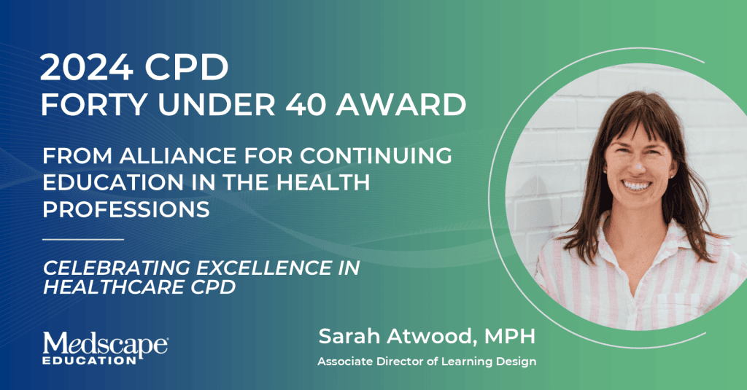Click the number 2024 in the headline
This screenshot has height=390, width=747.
coord(87,68)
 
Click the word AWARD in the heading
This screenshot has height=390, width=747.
coord(400,105)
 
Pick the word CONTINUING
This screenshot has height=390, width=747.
coord(376,156)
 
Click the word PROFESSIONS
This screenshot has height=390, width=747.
coord(126,209)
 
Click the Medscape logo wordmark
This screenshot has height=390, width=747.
coord(105,344)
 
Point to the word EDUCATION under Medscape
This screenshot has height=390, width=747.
coord(90,360)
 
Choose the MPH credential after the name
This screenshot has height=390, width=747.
coord(510,336)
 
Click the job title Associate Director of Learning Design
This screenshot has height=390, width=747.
coord(427,362)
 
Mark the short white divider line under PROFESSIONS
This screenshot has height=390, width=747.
coord(83,239)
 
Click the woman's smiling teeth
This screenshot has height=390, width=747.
coord(637,185)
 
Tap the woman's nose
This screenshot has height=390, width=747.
coord(635,164)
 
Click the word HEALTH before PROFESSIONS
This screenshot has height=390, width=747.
coord(322,182)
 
